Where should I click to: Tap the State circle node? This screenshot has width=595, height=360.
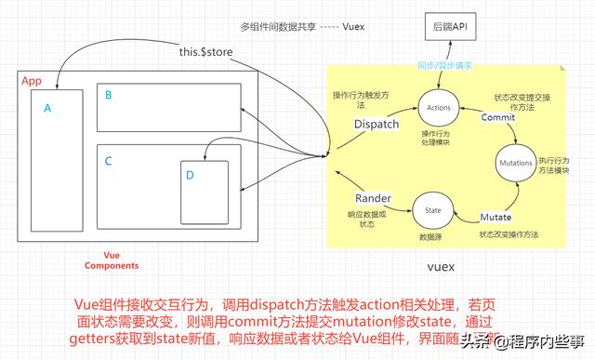point(432,211)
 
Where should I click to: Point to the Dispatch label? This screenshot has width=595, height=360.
point(377,124)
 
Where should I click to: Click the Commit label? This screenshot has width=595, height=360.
point(498,117)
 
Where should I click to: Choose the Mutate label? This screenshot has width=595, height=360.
point(496,216)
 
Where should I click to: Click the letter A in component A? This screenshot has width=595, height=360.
point(46,108)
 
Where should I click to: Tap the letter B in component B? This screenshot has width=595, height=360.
point(109,95)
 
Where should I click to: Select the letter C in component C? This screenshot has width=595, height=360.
point(108,161)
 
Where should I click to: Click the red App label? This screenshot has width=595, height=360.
point(31,81)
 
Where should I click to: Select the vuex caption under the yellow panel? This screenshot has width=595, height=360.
point(440,268)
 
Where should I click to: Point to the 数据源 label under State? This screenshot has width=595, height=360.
point(430,237)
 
